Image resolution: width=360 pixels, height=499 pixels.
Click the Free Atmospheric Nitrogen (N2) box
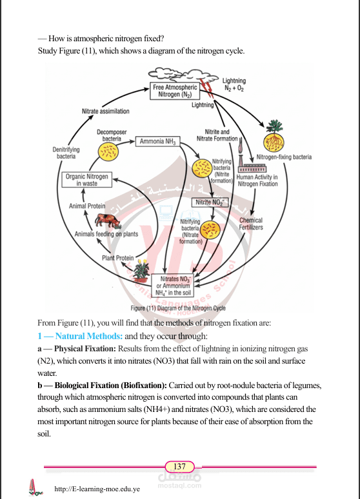(175, 91)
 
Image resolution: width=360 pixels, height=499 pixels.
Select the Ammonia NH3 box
(157, 141)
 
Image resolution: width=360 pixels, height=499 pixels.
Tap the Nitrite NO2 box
(210, 202)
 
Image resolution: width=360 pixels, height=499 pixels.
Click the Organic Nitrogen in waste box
(86, 180)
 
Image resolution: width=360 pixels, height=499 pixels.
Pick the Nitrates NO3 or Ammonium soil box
(172, 286)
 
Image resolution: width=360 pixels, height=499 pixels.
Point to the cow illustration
(108, 220)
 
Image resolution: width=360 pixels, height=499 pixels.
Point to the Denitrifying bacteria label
(66, 153)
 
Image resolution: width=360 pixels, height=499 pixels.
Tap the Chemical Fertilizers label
(251, 224)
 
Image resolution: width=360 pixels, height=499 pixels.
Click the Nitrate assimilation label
(105, 112)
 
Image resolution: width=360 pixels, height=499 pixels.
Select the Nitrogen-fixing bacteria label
(284, 157)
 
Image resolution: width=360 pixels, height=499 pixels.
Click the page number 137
(179, 467)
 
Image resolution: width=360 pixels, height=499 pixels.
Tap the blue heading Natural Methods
(89, 336)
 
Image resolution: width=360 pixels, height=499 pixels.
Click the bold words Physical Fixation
(85, 349)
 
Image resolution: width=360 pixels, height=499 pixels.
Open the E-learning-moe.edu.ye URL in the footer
(97, 489)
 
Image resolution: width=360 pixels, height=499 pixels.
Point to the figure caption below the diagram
(178, 308)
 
